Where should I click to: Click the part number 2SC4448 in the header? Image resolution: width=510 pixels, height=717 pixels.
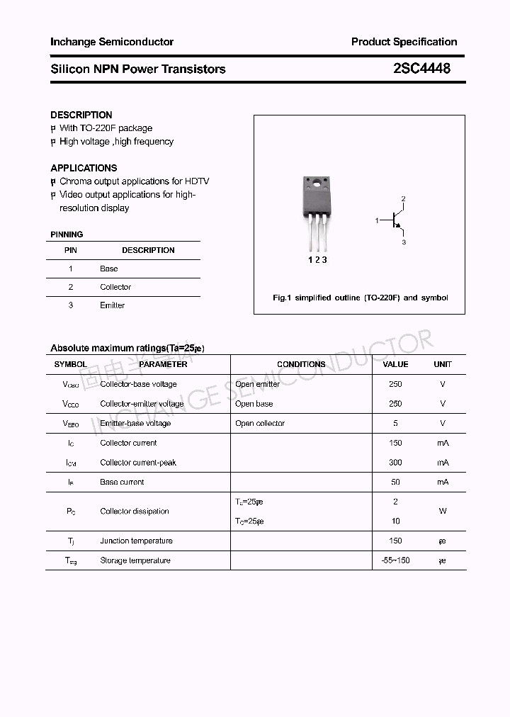point(421,69)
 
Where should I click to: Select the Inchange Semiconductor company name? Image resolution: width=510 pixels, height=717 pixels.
point(112,42)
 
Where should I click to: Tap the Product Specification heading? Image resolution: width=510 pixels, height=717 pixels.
point(404,42)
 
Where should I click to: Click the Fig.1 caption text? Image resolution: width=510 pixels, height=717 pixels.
point(360,298)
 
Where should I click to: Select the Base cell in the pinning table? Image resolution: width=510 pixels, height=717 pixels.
point(109,269)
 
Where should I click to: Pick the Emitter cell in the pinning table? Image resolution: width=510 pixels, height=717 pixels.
point(112,305)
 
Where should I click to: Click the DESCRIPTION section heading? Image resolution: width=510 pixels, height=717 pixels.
point(81,115)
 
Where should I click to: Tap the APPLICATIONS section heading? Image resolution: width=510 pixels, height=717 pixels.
point(84,168)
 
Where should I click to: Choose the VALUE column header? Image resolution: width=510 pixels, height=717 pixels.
point(395,364)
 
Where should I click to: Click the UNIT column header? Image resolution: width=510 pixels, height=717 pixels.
point(443,364)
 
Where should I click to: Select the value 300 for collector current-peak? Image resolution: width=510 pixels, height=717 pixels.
point(395,463)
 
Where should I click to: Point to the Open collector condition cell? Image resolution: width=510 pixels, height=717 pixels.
point(260,423)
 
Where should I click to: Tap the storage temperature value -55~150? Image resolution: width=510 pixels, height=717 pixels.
point(395,560)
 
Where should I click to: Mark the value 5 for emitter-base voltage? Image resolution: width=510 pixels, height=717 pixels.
point(395,423)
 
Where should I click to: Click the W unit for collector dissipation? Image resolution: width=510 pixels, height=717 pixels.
point(443,511)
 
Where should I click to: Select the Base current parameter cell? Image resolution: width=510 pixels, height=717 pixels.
point(122,482)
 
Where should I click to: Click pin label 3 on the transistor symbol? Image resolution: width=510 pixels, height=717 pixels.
point(403,242)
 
